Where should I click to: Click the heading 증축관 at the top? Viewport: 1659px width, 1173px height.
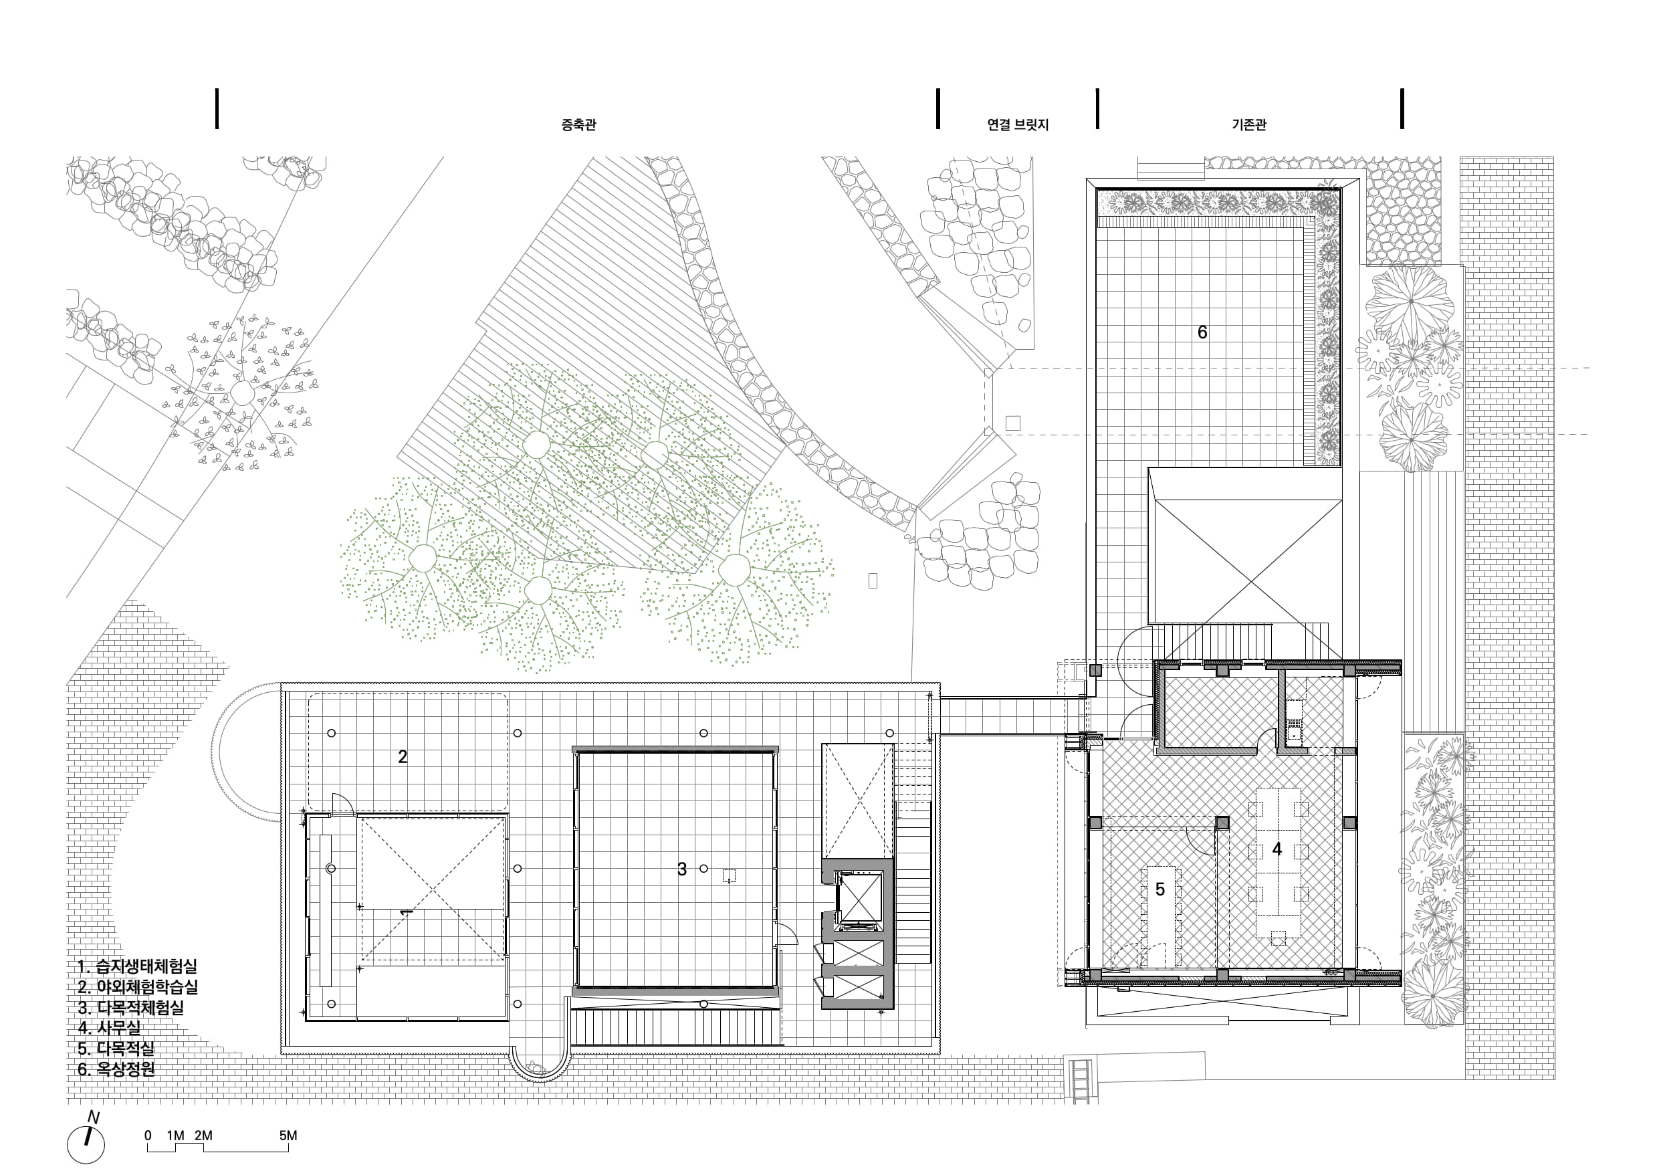[x=579, y=124]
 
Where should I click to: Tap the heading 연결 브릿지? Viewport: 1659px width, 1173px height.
[x=1017, y=124]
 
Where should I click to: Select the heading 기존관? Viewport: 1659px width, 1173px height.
[x=1249, y=124]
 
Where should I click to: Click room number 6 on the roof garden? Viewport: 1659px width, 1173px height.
[x=1202, y=332]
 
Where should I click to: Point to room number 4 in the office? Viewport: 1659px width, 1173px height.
[x=1277, y=849]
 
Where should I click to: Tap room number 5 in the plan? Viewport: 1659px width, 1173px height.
[x=1160, y=889]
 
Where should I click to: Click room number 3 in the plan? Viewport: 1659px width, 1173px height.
[x=681, y=869]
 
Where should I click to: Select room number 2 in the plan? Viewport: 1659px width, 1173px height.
[x=403, y=757]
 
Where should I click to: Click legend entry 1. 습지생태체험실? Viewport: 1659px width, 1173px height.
[x=137, y=966]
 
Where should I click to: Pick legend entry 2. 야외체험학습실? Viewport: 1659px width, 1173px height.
[x=137, y=986]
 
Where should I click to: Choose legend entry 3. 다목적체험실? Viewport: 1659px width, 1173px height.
[x=130, y=1008]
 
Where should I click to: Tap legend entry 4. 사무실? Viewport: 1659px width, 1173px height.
[x=109, y=1028]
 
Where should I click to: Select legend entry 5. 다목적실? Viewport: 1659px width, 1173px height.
[x=116, y=1049]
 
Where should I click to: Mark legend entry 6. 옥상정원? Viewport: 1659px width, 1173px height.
[x=116, y=1069]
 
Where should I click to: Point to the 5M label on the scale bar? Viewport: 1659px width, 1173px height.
[x=288, y=1136]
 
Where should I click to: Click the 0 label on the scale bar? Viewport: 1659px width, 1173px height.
[x=148, y=1136]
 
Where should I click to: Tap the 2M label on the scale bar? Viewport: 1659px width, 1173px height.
[x=204, y=1136]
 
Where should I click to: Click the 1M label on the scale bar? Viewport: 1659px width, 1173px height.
[x=176, y=1136]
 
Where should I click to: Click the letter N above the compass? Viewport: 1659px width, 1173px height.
[x=93, y=1117]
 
